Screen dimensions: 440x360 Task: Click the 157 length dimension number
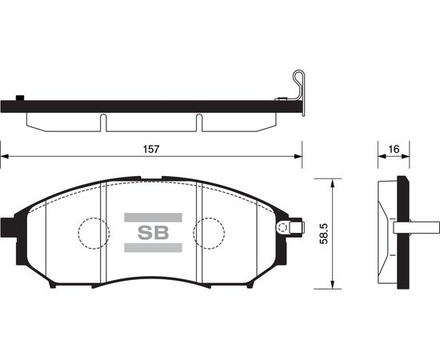coord(151,150)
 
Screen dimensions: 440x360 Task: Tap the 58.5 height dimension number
coord(324,234)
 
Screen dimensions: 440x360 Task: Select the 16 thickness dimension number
coord(394,150)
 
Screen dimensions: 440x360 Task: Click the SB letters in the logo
coord(154,233)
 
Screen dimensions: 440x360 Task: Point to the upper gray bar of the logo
coord(154,218)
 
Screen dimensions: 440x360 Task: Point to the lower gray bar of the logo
coord(154,247)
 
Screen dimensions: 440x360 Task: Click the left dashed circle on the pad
coord(94,218)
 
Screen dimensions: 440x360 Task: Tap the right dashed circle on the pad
coord(209,218)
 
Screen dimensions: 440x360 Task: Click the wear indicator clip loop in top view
coord(298,71)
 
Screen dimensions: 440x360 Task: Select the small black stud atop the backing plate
coord(20,98)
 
